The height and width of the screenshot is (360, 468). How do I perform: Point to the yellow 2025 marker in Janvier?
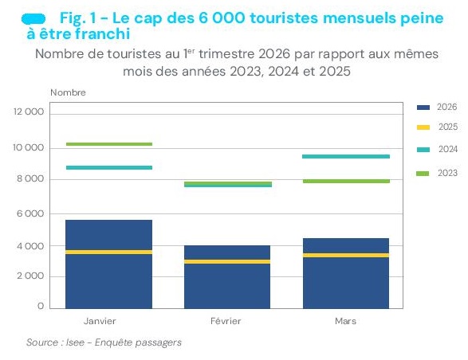click(x=108, y=252)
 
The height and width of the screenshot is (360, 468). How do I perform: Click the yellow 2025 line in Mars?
click(x=346, y=256)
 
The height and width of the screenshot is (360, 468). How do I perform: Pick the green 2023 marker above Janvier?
click(x=109, y=144)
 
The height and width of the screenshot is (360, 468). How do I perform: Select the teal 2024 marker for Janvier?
click(x=109, y=167)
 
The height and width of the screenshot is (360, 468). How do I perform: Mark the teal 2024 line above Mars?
click(x=346, y=157)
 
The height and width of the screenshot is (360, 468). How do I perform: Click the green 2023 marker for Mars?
click(x=346, y=181)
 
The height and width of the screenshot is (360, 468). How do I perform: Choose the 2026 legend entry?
click(x=437, y=107)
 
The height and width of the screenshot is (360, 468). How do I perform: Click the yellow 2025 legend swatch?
click(x=423, y=127)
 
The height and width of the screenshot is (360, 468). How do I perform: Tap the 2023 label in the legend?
click(x=447, y=173)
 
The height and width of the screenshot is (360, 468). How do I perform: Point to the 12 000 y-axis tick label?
click(x=29, y=112)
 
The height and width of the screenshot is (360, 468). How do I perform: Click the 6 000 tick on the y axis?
click(x=30, y=213)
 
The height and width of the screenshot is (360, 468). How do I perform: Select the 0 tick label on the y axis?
click(x=41, y=306)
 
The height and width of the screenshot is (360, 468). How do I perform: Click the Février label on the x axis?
click(x=226, y=321)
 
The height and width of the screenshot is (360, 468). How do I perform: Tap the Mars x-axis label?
click(x=346, y=321)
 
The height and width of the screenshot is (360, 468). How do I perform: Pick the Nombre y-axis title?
click(x=68, y=92)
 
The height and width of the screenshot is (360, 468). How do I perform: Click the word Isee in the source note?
click(x=75, y=342)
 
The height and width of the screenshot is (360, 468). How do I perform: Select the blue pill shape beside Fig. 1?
click(x=33, y=19)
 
